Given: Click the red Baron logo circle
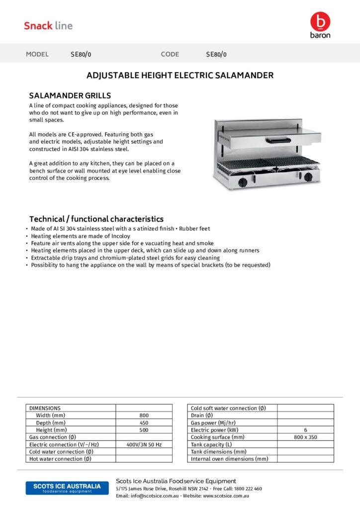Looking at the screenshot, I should pos(320,21).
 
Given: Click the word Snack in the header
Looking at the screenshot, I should pos(38,26).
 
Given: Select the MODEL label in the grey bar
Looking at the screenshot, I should pos(37,54).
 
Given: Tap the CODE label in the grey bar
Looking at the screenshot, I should pos(170,54).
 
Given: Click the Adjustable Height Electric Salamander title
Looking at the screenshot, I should pos(180,76).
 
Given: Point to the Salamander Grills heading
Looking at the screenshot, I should pos(70,95).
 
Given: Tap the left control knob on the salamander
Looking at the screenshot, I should pos(243,182).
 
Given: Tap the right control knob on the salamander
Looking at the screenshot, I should pos(308,177).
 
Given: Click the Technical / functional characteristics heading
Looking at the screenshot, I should pos(96,219).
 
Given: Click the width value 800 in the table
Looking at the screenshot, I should pos(144,415).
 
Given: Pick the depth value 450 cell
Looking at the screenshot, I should pos(144,423).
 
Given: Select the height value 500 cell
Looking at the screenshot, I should pos(144,429).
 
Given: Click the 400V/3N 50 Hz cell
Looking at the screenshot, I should pos(144,444).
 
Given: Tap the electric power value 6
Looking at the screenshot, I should pos(305,430).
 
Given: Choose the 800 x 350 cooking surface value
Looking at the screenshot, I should pos(305,437).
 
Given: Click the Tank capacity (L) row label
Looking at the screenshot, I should pos(211,444).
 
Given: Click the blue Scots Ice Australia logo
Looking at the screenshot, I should pos(67,488).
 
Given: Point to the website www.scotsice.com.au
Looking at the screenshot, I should pos(226,496).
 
